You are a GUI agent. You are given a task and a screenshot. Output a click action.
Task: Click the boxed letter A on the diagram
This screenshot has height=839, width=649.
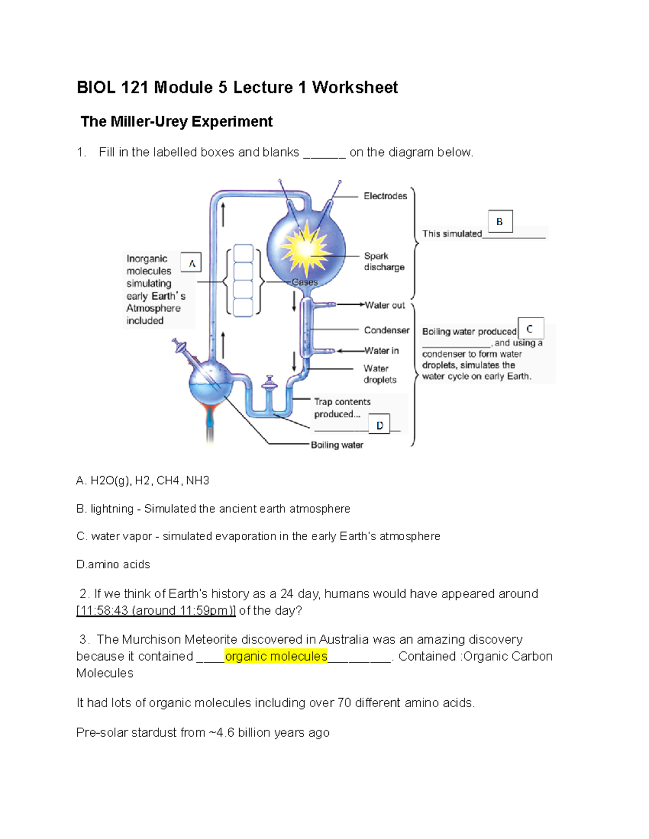coord(191,263)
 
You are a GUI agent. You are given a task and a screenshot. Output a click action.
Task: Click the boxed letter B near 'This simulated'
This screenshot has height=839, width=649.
coord(500,222)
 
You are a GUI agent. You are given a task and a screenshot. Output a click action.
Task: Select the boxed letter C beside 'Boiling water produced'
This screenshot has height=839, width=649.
coord(530,328)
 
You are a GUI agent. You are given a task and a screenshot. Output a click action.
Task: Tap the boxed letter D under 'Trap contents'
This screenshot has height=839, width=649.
coord(380,425)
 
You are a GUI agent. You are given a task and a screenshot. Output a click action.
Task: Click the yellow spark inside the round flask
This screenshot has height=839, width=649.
coord(306,248)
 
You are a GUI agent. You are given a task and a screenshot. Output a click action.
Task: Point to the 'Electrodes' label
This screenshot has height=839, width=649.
coord(385,196)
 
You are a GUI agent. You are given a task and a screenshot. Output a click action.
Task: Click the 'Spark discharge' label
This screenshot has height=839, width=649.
coord(383,261)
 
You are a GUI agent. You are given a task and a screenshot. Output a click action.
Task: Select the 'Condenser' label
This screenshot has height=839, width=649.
coord(386,330)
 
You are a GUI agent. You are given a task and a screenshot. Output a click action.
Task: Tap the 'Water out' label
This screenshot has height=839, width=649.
coord(385,305)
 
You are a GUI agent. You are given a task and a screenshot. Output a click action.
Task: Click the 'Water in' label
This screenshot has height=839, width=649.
coord(381,351)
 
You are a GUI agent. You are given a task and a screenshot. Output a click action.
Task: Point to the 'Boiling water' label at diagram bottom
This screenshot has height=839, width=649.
coord(337,445)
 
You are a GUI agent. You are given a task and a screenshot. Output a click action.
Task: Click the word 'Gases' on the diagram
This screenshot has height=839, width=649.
coord(304,282)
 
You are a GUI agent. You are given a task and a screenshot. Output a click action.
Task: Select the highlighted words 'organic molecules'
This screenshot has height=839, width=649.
coord(276,656)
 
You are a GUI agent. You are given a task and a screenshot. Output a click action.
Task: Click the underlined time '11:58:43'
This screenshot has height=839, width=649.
coord(103,610)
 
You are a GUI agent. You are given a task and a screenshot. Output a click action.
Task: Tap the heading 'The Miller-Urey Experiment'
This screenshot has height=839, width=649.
coord(176,122)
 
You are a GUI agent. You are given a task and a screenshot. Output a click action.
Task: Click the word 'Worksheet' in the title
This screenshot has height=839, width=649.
coord(355,88)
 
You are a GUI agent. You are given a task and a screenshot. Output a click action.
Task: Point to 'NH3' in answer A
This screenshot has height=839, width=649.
coord(197,481)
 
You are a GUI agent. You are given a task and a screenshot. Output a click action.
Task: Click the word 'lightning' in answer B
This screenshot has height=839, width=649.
coord(112,509)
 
